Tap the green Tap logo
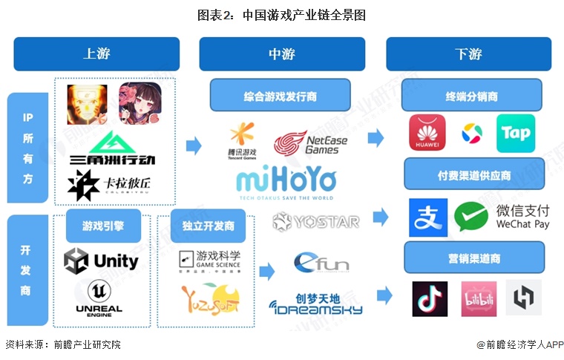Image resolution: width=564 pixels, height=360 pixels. click(x=515, y=134)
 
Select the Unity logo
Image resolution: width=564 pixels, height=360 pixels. click(x=101, y=261)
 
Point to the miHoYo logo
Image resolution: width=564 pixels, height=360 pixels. click(x=286, y=183)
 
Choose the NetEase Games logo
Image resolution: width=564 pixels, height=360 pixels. click(x=306, y=143)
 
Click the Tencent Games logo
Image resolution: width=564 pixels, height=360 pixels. click(x=241, y=139)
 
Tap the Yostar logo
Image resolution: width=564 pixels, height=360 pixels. click(x=315, y=221)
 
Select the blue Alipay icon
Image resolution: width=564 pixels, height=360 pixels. click(x=427, y=217)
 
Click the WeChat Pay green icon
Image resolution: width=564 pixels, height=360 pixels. click(x=471, y=217)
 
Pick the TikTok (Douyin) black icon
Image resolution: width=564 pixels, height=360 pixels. click(x=430, y=298)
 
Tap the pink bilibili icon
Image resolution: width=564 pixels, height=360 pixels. click(x=478, y=298)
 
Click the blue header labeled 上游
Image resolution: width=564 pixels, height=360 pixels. click(x=96, y=53)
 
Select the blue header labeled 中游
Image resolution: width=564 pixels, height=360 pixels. click(x=281, y=53)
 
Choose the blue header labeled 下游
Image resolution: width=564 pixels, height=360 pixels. click(x=468, y=53)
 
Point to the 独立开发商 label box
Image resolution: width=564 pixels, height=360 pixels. click(x=203, y=226)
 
